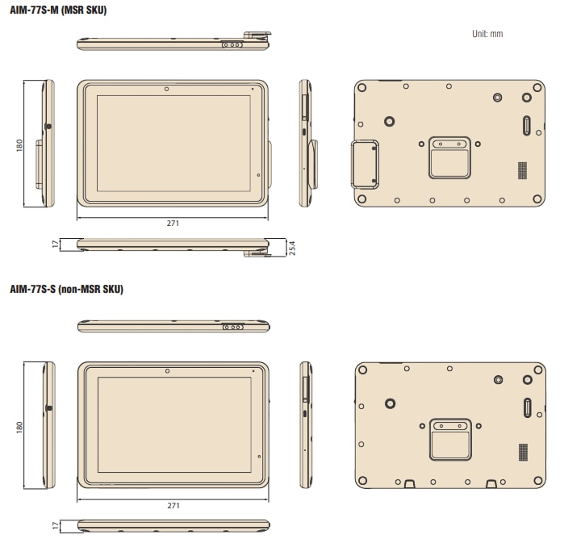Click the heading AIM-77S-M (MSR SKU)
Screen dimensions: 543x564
pyautogui.click(x=57, y=10)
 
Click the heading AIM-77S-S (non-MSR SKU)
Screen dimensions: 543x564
pyautogui.click(x=66, y=288)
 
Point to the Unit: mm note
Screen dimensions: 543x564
pyautogui.click(x=487, y=34)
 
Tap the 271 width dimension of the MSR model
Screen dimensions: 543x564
pyautogui.click(x=173, y=223)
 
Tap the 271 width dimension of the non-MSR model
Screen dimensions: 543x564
pyautogui.click(x=173, y=506)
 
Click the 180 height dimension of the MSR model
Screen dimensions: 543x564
pyautogui.click(x=19, y=144)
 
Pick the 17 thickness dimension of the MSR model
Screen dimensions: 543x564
pyautogui.click(x=56, y=244)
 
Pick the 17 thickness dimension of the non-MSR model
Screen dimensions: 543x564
pyautogui.click(x=56, y=525)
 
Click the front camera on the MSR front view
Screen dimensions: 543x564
pyautogui.click(x=165, y=88)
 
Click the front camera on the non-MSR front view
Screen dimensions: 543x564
pyautogui.click(x=166, y=370)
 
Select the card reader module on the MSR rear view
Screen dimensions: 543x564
pyautogui.click(x=363, y=165)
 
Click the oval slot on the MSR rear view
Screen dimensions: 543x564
pyautogui.click(x=527, y=126)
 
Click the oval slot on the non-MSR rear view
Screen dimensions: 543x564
pyautogui.click(x=528, y=407)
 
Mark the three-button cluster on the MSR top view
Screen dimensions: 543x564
pyautogui.click(x=232, y=45)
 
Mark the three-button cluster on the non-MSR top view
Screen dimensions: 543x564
pyautogui.click(x=233, y=327)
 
